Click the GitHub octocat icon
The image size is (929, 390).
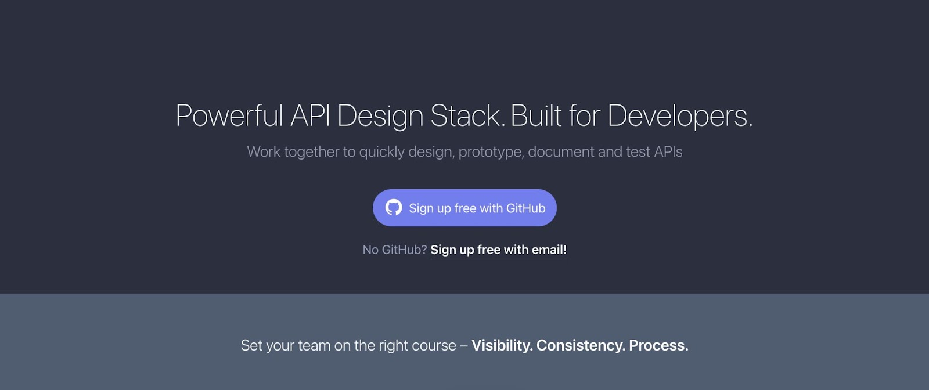pyautogui.click(x=394, y=208)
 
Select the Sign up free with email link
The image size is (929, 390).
pyautogui.click(x=498, y=250)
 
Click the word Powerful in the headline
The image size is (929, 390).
pyautogui.click(x=229, y=115)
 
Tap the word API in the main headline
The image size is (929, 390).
pyautogui.click(x=310, y=115)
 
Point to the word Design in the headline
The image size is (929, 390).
pyautogui.click(x=380, y=115)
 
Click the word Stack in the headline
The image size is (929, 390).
pyautogui.click(x=466, y=115)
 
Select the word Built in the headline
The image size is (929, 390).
pyautogui.click(x=536, y=115)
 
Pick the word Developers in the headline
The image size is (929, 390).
pyautogui.click(x=678, y=115)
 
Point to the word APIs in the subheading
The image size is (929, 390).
pyautogui.click(x=668, y=152)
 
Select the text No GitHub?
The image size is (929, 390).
pyautogui.click(x=395, y=250)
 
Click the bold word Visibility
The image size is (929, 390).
pyautogui.click(x=502, y=345)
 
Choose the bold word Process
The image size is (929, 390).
pyautogui.click(x=658, y=345)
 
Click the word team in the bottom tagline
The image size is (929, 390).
pyautogui.click(x=314, y=345)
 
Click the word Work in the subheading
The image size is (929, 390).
pyautogui.click(x=264, y=152)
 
